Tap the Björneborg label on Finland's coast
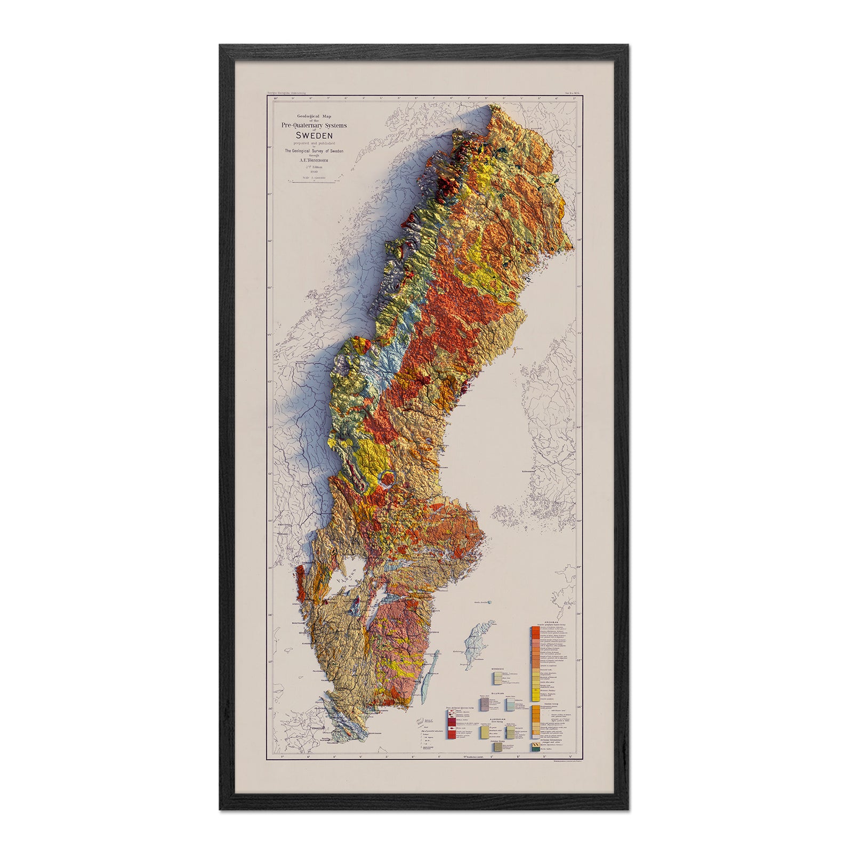tap(534, 471)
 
